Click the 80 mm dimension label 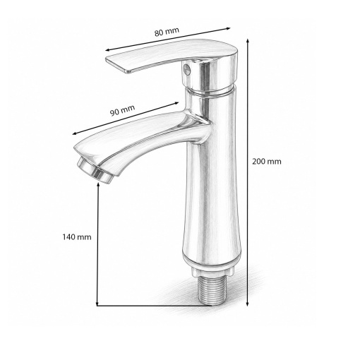(x=167, y=32)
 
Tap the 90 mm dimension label (x=123, y=110)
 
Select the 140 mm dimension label (x=77, y=237)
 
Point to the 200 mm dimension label (x=267, y=162)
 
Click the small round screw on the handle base (x=186, y=69)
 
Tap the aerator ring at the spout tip (x=95, y=170)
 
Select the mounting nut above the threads (x=212, y=272)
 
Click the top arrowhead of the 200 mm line (x=247, y=40)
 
